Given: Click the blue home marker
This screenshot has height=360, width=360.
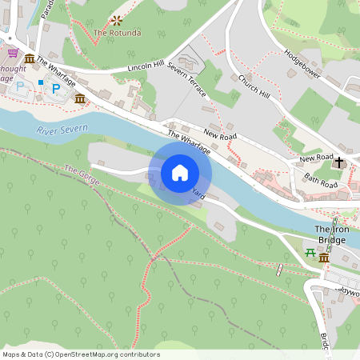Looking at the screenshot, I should point(180,172).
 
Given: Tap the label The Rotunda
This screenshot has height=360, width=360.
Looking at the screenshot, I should point(118,33).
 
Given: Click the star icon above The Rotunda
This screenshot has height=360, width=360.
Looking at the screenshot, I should point(118,20).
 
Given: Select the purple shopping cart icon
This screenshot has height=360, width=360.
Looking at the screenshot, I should point(13,53).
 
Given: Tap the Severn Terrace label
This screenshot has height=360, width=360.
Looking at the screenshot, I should point(187,78).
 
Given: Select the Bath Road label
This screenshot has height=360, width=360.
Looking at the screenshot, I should point(321,184).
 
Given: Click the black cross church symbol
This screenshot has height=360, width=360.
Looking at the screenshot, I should point(339,162).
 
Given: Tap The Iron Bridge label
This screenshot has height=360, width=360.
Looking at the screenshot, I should point(330,234).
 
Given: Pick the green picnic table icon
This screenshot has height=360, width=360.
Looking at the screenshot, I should point(310,254).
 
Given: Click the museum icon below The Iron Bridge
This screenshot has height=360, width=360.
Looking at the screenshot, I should point(324,258).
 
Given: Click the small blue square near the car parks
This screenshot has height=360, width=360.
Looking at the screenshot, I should point(40,82).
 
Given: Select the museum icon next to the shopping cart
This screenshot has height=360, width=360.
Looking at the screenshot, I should point(30,58).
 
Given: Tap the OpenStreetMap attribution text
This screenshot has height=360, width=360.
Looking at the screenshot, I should point(82,354).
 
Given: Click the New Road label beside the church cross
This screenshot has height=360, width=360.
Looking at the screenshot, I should point(316,159).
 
